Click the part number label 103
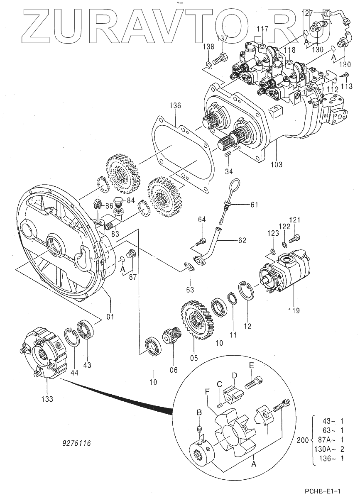pyautogui.click(x=277, y=164)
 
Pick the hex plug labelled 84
pyautogui.click(x=119, y=201)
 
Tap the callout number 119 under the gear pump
pyautogui.click(x=294, y=310)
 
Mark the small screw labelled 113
pyautogui.click(x=345, y=75)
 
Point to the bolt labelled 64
pyautogui.click(x=200, y=242)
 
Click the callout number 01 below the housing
pyautogui.click(x=110, y=316)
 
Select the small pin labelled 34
pyautogui.click(x=227, y=154)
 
